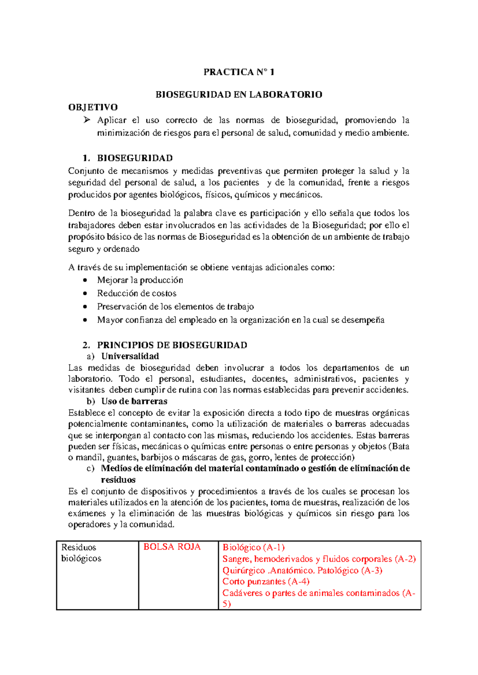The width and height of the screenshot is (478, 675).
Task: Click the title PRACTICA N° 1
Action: tap(239, 72)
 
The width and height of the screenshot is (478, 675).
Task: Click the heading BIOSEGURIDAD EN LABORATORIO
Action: tap(239, 95)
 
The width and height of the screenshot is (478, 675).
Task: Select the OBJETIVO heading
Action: tap(93, 107)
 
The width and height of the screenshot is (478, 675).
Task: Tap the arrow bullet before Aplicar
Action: tap(87, 120)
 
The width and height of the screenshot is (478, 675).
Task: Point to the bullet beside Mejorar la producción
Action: tap(85, 280)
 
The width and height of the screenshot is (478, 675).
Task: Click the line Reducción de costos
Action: tap(137, 293)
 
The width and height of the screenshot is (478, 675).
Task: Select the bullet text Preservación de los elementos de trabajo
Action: tap(175, 306)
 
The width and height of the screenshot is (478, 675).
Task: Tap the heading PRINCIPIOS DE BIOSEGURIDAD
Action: tap(172, 345)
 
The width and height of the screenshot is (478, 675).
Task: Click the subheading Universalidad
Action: tap(130, 356)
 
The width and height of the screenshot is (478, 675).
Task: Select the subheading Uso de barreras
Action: tap(134, 401)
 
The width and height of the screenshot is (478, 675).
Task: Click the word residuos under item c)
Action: tap(118, 480)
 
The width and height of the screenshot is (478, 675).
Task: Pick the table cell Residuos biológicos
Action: tap(81, 553)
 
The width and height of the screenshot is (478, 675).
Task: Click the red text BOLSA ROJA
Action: tap(172, 547)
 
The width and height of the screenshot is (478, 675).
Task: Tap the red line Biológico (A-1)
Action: tap(253, 548)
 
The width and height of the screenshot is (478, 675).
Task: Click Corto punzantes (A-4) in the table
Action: tap(266, 581)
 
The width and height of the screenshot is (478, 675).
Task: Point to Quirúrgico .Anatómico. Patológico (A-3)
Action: tap(302, 570)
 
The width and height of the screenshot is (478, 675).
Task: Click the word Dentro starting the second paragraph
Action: tap(81, 213)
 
